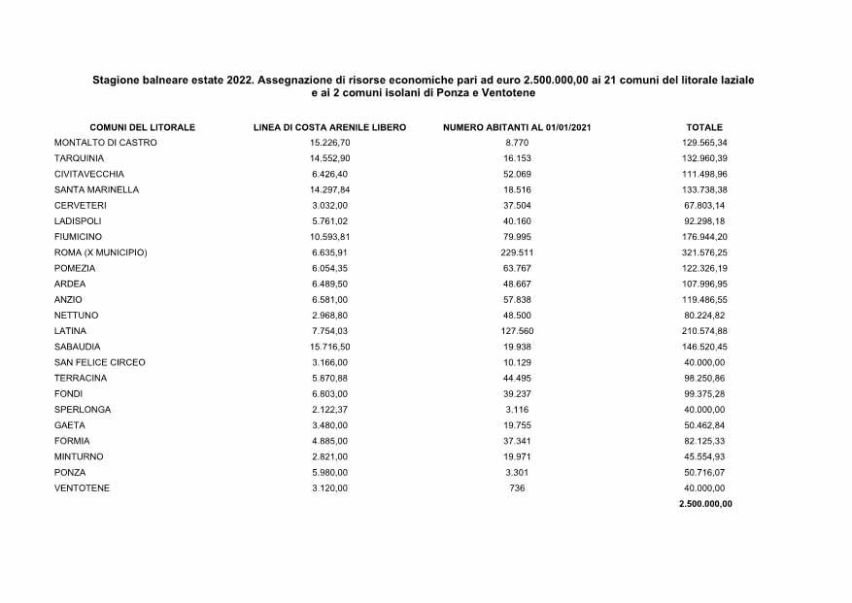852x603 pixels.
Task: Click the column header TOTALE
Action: coord(704,127)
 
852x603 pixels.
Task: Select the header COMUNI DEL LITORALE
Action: coord(142,127)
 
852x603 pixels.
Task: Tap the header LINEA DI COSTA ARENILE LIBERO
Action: coord(329,127)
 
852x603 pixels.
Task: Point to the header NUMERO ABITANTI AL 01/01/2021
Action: coord(517,127)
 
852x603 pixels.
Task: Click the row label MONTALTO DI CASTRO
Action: coord(106,143)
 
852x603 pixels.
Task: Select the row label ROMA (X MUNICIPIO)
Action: coord(101,252)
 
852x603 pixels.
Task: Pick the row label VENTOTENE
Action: coord(83,487)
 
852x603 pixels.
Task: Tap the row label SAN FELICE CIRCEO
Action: coord(100,362)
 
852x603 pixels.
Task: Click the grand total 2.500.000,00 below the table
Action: coord(705,504)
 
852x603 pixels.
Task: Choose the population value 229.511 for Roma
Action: coord(517,252)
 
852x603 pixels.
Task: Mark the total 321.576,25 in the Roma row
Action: coord(704,252)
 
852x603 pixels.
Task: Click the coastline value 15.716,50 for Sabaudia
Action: coord(329,347)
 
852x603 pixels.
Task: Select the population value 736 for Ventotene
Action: coord(517,487)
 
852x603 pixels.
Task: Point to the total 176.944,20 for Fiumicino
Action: coord(704,237)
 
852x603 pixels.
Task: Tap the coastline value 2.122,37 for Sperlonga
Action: coord(329,410)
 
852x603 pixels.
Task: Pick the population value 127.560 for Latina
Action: coord(517,331)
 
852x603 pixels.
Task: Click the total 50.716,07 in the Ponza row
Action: coord(704,472)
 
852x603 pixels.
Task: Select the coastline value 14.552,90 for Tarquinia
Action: coord(329,158)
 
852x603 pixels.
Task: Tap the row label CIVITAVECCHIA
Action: coord(89,174)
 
